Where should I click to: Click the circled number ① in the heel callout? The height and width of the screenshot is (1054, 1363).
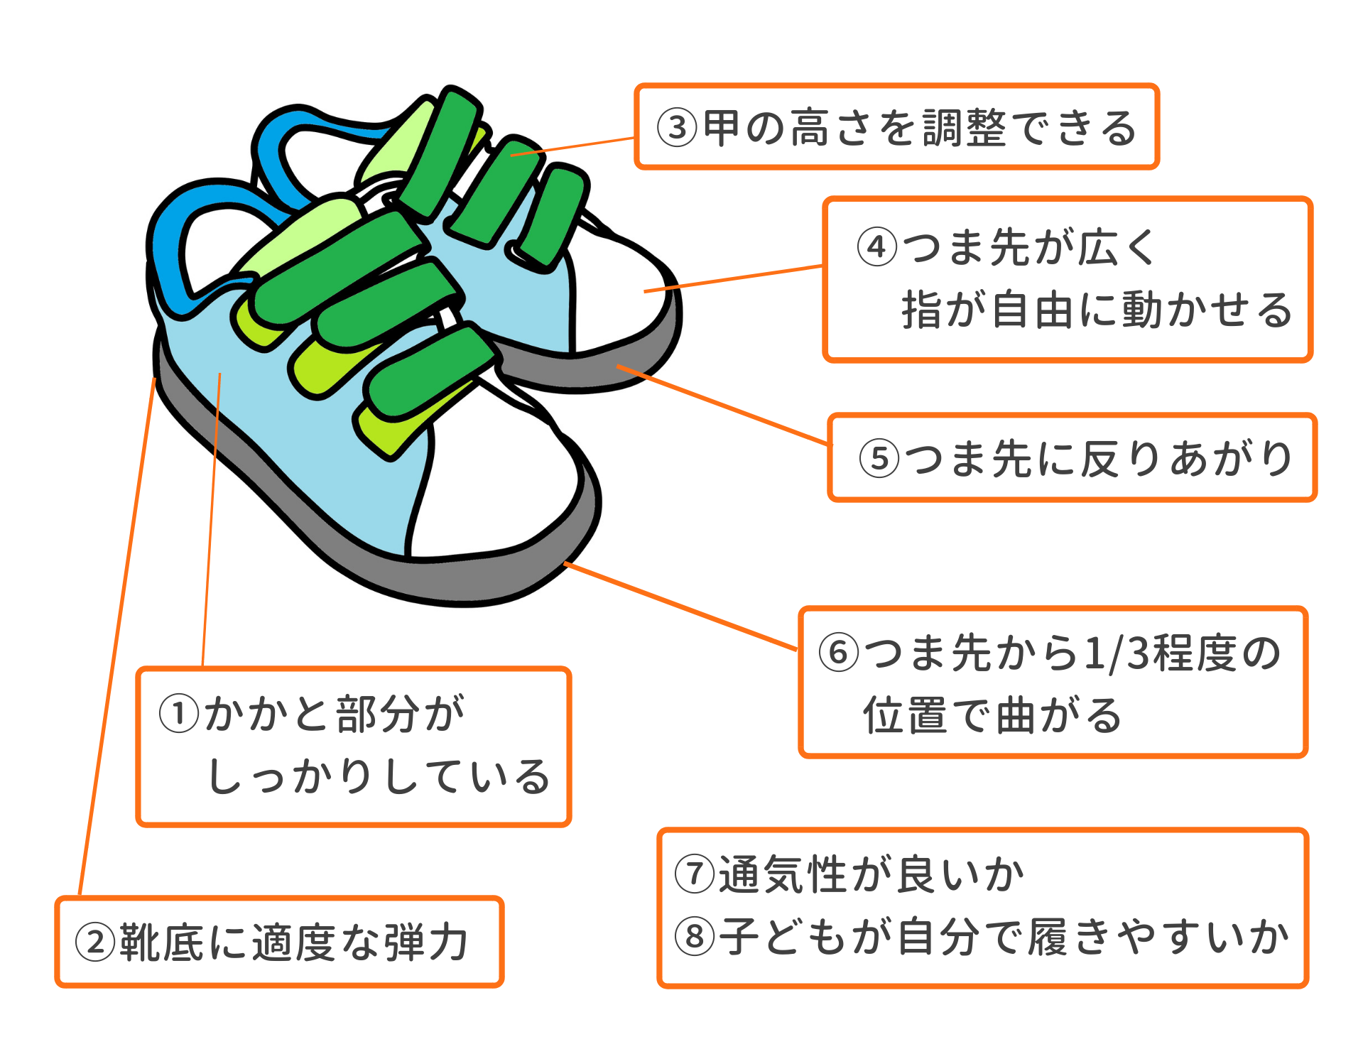(x=178, y=714)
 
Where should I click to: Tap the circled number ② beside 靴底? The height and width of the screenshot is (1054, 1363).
(x=95, y=942)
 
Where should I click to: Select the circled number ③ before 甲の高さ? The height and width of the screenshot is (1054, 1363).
(x=677, y=128)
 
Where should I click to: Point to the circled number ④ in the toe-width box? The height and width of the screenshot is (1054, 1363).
(x=877, y=247)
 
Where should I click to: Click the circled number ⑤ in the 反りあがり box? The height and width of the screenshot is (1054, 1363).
(x=879, y=458)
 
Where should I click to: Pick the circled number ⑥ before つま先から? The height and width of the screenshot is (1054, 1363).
(x=839, y=652)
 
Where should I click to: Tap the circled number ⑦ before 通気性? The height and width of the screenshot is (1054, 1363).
(x=695, y=874)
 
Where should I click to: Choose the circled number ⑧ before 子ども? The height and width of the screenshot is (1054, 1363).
(x=695, y=936)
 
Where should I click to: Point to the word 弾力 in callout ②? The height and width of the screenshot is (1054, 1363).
(x=426, y=942)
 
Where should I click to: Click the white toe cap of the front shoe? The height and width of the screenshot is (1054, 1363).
(x=497, y=497)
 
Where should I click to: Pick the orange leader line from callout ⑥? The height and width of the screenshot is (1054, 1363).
(x=682, y=606)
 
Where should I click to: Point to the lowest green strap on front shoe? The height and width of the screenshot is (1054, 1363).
(x=426, y=376)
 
